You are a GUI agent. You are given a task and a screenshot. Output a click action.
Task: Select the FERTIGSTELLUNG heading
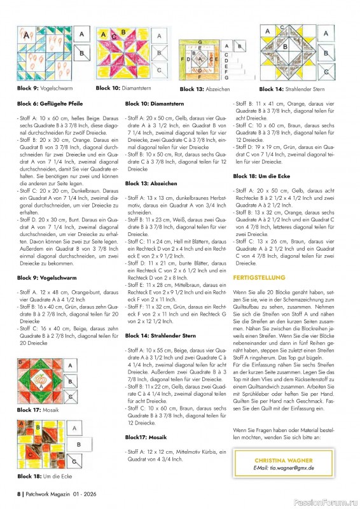[259, 278]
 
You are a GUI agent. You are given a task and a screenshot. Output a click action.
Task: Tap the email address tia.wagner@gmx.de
[282, 468]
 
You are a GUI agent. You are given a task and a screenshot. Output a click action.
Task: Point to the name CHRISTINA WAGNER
[282, 459]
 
